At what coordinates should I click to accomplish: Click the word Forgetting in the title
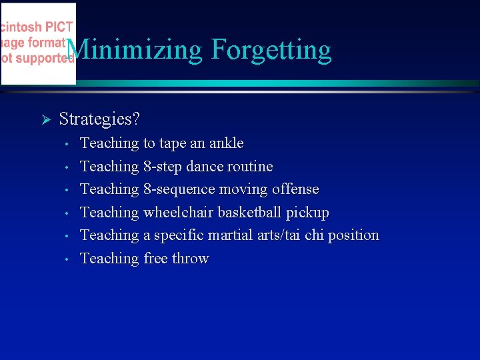click(x=271, y=50)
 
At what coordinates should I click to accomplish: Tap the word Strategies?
click(x=99, y=119)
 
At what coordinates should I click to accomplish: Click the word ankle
click(x=227, y=143)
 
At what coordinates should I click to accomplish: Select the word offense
click(x=295, y=189)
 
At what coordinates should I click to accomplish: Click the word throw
click(x=191, y=259)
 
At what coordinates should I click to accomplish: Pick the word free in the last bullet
click(x=155, y=259)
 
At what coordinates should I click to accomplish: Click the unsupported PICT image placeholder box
click(x=38, y=43)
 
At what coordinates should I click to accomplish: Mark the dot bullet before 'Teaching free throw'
click(x=68, y=259)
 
